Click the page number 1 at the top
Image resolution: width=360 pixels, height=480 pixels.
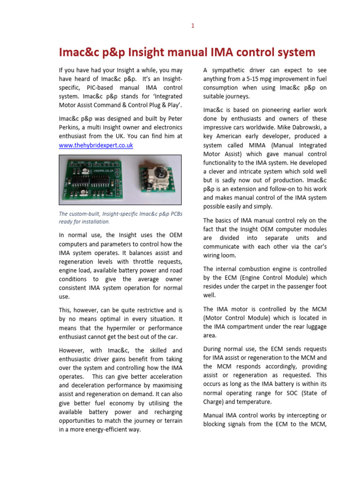click(x=192, y=26)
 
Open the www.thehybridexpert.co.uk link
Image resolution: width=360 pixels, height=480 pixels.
click(x=96, y=145)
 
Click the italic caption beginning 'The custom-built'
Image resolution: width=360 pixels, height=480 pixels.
click(x=121, y=217)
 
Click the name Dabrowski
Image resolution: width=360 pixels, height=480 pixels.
click(x=298, y=127)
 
